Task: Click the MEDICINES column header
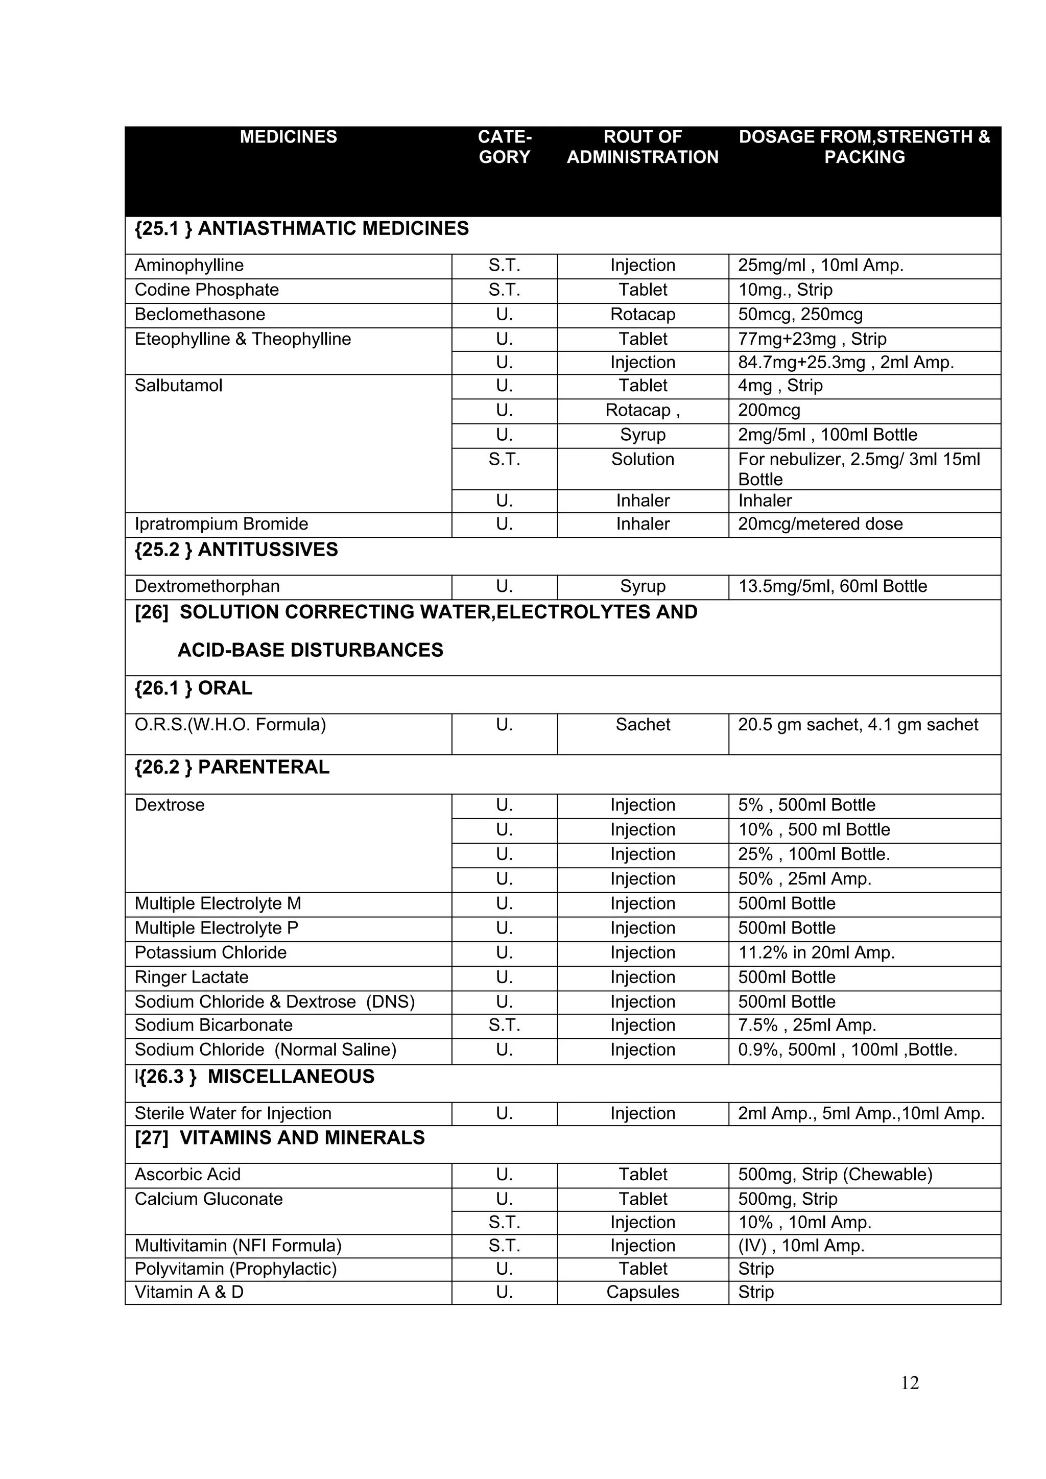tap(288, 137)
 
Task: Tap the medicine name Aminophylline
tap(188, 266)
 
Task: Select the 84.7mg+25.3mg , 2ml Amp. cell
tap(845, 363)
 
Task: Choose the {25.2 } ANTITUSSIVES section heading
tap(236, 550)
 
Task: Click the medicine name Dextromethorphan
tap(207, 586)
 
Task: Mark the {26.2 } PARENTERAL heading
tap(232, 767)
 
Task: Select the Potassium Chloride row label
tap(210, 952)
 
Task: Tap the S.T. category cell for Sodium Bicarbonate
tap(504, 1025)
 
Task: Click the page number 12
tap(910, 1383)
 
